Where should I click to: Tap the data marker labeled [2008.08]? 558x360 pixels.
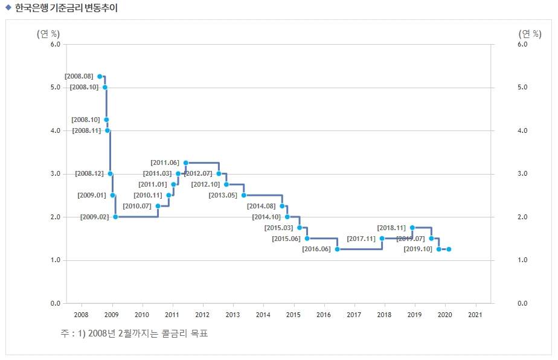pyautogui.click(x=100, y=77)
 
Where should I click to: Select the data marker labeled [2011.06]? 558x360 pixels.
pyautogui.click(x=185, y=162)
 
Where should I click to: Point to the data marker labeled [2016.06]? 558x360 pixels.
pyautogui.click(x=337, y=249)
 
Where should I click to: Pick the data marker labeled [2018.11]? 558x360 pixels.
pyautogui.click(x=412, y=228)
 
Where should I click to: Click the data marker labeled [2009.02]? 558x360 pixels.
pyautogui.click(x=115, y=217)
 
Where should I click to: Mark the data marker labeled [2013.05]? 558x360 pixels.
pyautogui.click(x=244, y=195)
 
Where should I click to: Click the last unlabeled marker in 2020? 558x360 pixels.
pyautogui.click(x=449, y=249)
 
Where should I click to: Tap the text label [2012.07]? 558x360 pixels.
pyautogui.click(x=198, y=174)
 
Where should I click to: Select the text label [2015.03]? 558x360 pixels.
pyautogui.click(x=278, y=228)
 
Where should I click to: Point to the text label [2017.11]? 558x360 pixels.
pyautogui.click(x=361, y=239)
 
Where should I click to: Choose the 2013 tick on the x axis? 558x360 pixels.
pyautogui.click(x=232, y=315)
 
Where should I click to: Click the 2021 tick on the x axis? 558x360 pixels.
pyautogui.click(x=476, y=315)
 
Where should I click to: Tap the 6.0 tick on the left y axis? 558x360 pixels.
pyautogui.click(x=55, y=44)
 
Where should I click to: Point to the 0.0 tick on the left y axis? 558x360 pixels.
pyautogui.click(x=55, y=303)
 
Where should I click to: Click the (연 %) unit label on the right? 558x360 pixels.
pyautogui.click(x=530, y=33)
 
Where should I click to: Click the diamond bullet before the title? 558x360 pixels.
pyautogui.click(x=8, y=7)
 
